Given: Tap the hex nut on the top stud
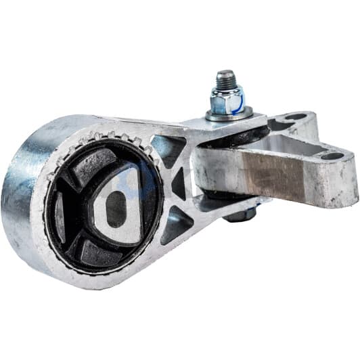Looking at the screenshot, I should click(x=225, y=101).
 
